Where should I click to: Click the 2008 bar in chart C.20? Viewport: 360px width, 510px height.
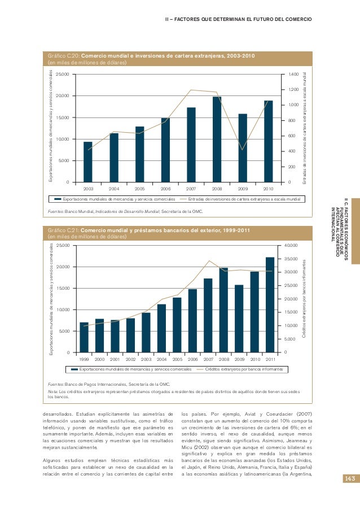coord(217,139)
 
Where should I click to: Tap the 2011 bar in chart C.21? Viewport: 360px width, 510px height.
coord(270,304)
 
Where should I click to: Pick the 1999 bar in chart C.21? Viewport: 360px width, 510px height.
coord(84,337)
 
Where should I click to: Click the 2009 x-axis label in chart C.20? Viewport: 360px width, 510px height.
coord(243,189)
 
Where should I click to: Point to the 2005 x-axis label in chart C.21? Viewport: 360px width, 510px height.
coord(177,359)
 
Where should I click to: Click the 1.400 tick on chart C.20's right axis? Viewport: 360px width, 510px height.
coord(292,74)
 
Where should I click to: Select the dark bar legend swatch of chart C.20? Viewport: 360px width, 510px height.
coord(58,199)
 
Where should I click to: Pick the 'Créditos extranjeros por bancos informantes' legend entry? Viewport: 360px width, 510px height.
coord(243,369)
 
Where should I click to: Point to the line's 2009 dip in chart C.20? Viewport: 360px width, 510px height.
coord(243,150)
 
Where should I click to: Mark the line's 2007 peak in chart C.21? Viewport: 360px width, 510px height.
coord(209,261)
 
